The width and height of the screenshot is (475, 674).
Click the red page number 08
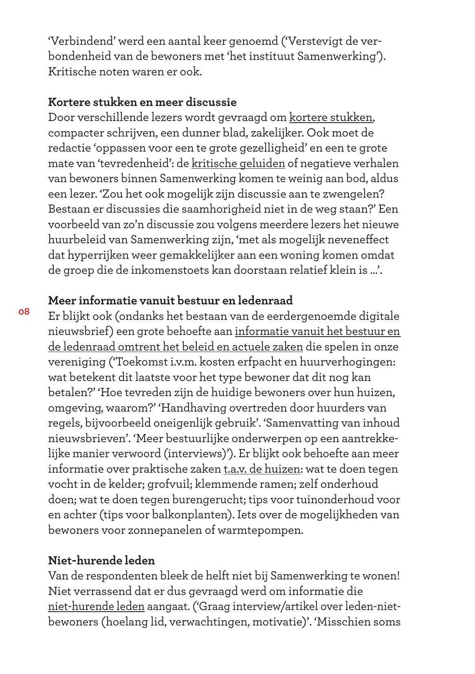(24, 312)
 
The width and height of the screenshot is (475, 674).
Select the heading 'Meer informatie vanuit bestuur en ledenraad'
(170, 301)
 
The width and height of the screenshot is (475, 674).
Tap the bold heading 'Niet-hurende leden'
(101, 560)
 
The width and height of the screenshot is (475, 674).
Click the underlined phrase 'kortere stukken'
(330, 118)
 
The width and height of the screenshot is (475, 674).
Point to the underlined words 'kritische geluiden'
(238, 163)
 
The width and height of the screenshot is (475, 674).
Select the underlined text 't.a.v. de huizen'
(262, 469)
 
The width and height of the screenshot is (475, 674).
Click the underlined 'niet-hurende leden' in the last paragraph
(96, 606)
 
